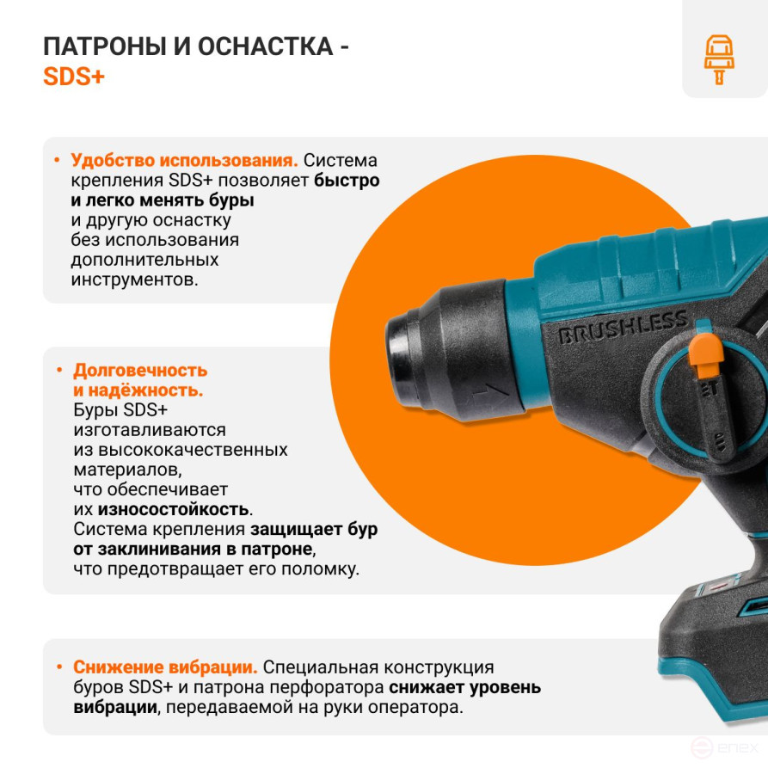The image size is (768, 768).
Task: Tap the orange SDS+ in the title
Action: pyautogui.click(x=73, y=77)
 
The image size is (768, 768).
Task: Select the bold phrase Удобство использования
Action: pyautogui.click(x=184, y=161)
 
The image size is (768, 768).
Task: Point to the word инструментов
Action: pyautogui.click(x=133, y=280)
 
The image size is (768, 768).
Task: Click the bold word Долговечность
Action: pyautogui.click(x=140, y=371)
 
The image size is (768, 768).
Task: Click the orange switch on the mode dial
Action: pyautogui.click(x=706, y=354)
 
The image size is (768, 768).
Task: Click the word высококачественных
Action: pyautogui.click(x=181, y=450)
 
